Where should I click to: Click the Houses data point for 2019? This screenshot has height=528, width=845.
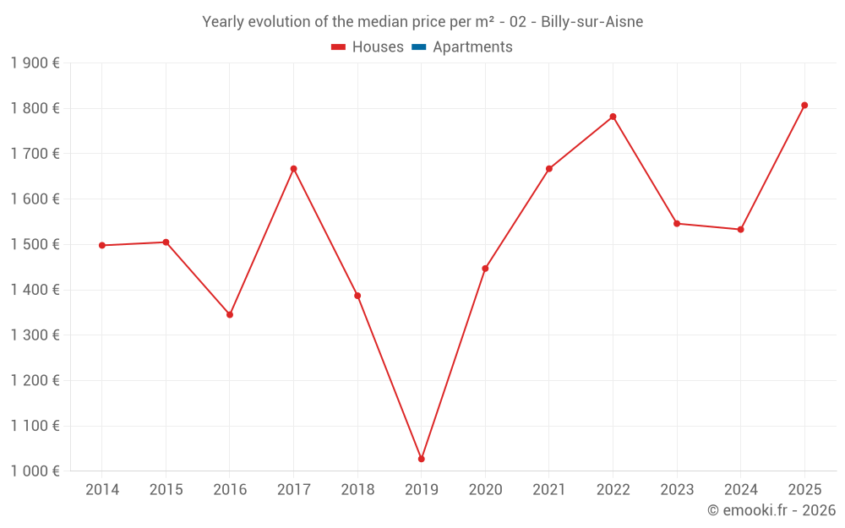[x=421, y=459]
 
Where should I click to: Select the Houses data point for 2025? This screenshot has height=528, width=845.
[x=804, y=106]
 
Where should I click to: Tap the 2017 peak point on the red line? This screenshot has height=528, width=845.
[x=293, y=169]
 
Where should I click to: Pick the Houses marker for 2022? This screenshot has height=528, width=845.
[x=613, y=117]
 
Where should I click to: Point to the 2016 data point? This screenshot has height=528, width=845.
[x=230, y=314]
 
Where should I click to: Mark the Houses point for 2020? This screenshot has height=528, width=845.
[x=485, y=269]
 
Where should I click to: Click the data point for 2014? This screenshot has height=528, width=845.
[x=102, y=245]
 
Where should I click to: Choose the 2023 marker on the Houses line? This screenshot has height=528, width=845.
[x=677, y=224]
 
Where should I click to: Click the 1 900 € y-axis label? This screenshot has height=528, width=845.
[x=35, y=63]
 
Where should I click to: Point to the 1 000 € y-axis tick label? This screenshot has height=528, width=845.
[x=35, y=471]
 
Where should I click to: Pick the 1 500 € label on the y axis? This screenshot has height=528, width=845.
[x=35, y=245]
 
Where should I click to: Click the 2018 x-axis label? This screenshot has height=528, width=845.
[x=357, y=490]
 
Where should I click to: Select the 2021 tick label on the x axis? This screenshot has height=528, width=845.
[x=549, y=490]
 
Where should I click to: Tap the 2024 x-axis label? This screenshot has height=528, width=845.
[x=740, y=490]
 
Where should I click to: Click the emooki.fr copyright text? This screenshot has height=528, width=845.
[x=771, y=510]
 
